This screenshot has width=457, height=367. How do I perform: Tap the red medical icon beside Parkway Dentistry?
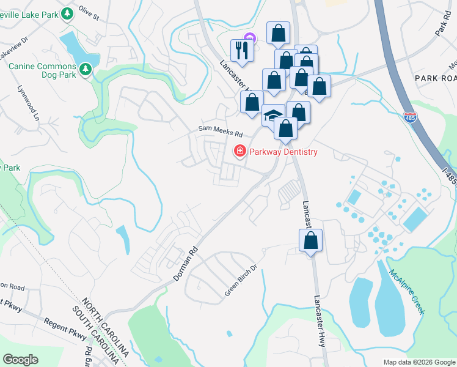240,150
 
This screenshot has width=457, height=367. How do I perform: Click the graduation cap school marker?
273,115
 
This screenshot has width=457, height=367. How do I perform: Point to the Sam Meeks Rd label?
220,132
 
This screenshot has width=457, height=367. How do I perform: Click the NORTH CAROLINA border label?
106,328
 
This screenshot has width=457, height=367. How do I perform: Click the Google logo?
20,360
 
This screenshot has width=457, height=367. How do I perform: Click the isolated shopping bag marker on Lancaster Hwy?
311,240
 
